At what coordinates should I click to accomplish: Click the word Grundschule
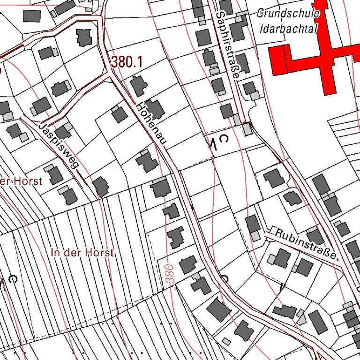[x=288, y=13]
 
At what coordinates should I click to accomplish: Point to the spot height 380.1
[x=127, y=62]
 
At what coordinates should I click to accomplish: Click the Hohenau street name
[x=151, y=125]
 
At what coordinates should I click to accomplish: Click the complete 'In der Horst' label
[x=82, y=253]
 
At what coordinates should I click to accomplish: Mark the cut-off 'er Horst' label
[x=21, y=181]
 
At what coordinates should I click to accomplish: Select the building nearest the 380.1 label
[x=138, y=86]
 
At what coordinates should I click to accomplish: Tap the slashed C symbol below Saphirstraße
[x=219, y=141]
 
